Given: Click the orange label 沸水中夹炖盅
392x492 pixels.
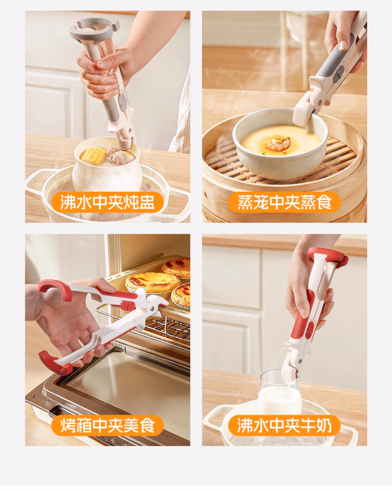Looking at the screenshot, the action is (107, 202).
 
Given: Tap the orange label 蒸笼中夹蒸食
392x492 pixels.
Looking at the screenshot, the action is (284, 202).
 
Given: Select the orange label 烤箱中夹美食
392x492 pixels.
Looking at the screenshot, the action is (107, 426).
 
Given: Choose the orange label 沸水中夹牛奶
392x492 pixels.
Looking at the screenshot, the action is (284, 426).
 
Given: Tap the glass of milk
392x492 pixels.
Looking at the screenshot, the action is (280, 394).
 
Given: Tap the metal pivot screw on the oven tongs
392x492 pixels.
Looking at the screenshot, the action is (152, 309).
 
